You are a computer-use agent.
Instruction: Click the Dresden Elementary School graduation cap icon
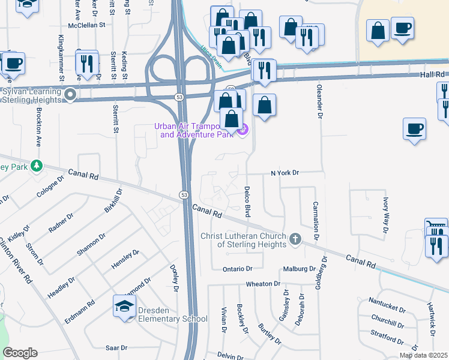click(125, 307)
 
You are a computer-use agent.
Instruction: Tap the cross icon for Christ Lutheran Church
click(295, 239)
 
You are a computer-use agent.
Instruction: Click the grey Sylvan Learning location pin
click(71, 94)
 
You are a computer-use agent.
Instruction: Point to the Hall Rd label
click(432, 74)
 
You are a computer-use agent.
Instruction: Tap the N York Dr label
click(285, 173)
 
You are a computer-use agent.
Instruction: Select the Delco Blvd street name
click(247, 201)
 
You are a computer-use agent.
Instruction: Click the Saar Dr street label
click(116, 347)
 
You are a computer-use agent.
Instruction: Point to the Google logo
click(20, 353)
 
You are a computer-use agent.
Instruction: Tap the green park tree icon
click(37, 166)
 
